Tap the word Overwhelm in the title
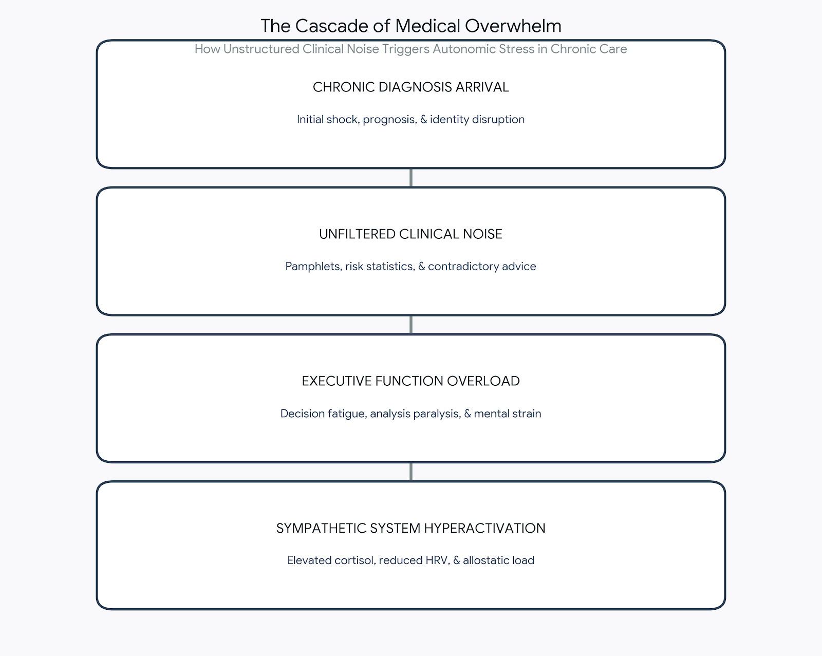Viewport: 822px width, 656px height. (x=513, y=26)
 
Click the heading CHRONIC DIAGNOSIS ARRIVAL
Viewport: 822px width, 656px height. (x=410, y=87)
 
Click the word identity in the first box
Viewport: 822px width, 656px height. (x=449, y=120)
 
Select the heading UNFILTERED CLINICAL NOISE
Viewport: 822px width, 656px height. (x=410, y=234)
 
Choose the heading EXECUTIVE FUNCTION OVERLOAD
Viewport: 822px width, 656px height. (x=410, y=381)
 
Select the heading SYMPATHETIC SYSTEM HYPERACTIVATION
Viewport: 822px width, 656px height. (x=410, y=528)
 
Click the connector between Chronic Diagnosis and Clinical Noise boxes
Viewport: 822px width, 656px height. (x=410, y=178)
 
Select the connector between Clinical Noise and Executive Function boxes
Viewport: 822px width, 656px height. (x=410, y=325)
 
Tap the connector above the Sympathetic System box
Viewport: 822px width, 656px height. (x=410, y=472)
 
